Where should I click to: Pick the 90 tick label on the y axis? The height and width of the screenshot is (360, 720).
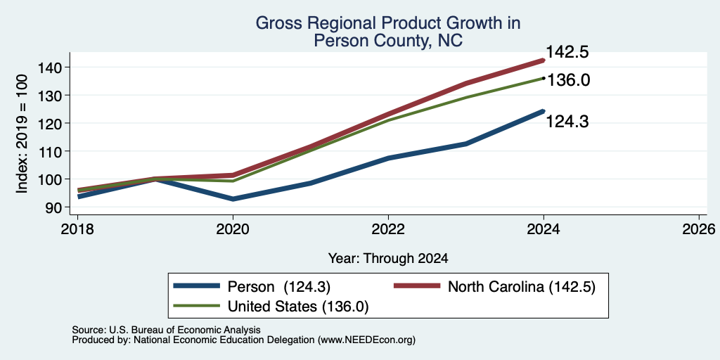(61, 207)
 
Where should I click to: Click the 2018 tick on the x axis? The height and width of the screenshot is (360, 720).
(77, 229)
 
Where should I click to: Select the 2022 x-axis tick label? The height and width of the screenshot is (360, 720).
(388, 229)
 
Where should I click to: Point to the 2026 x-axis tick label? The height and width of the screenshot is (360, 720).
(699, 229)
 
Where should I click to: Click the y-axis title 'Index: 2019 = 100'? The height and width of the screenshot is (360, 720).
(22, 134)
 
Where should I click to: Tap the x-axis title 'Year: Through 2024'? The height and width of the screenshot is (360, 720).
(388, 259)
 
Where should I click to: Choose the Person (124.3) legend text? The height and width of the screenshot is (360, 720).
(279, 287)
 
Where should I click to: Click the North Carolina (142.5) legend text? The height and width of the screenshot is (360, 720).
(522, 287)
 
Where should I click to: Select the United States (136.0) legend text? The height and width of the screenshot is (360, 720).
(298, 307)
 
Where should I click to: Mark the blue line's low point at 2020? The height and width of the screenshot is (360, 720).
(233, 199)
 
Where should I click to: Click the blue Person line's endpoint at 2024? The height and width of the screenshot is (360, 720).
(543, 111)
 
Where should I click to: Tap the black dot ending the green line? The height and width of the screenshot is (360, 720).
(544, 79)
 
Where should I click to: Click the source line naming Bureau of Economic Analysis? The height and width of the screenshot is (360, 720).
(167, 330)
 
